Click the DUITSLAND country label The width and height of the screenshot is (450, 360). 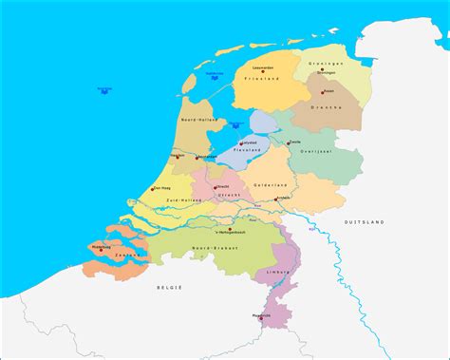click(x=365, y=221)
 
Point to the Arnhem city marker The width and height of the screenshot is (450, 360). click(x=274, y=199)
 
